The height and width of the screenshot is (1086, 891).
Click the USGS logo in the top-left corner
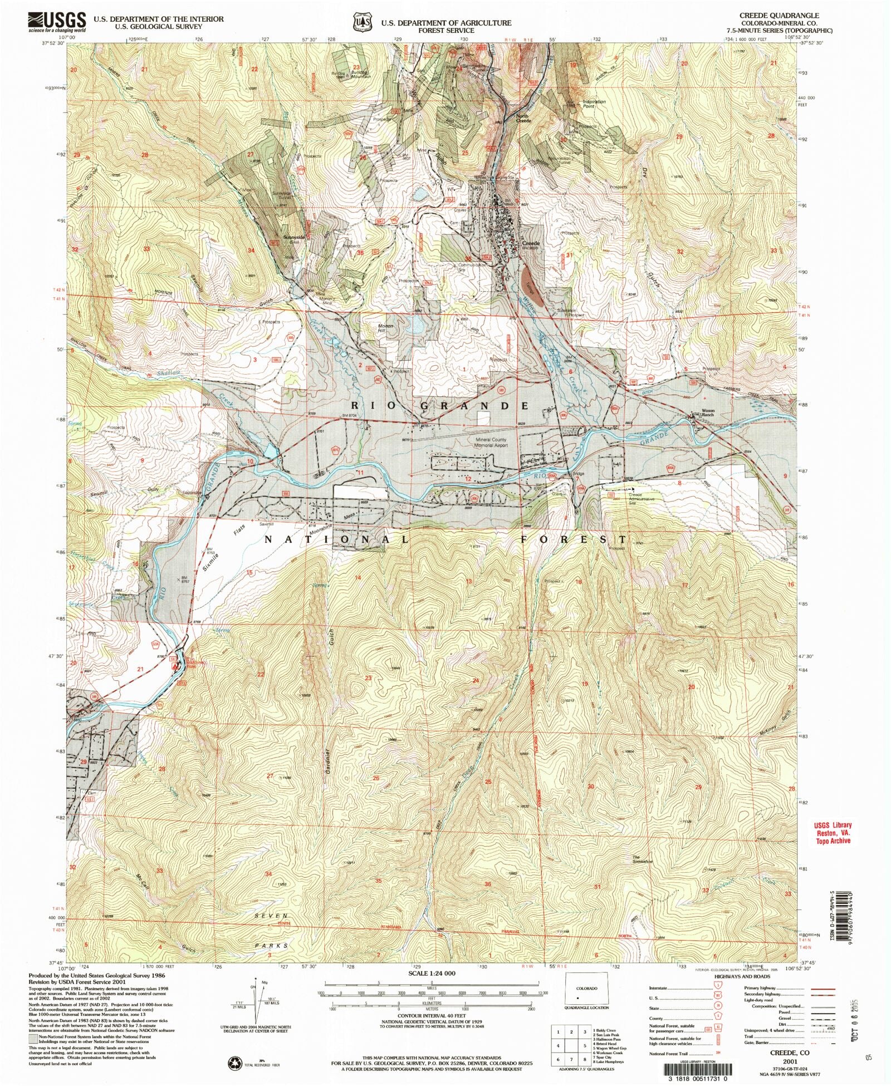tap(57, 22)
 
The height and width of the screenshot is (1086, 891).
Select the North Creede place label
tap(523, 118)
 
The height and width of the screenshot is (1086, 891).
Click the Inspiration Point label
tap(594, 104)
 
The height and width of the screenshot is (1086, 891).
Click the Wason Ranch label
tap(707, 412)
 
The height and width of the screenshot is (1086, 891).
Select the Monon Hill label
tap(385, 328)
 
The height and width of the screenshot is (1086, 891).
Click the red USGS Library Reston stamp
tap(833, 833)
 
